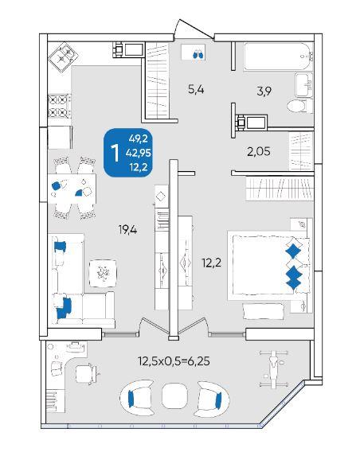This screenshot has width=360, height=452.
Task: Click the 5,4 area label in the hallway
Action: [196, 90]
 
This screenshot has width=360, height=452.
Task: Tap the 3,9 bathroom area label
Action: [264, 91]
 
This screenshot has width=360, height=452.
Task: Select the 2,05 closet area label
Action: [259, 151]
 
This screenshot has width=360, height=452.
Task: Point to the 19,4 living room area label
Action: [127, 230]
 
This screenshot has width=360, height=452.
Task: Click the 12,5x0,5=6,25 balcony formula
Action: [174, 360]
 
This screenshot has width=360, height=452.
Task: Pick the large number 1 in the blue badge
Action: [115, 154]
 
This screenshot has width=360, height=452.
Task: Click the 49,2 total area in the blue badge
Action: [139, 138]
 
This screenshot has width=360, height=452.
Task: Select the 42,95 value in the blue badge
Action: [138, 153]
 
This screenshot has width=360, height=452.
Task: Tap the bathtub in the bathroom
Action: [278, 56]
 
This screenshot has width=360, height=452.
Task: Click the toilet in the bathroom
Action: [299, 106]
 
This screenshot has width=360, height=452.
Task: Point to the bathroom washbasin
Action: [303, 85]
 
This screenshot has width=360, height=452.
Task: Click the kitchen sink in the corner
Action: [63, 56]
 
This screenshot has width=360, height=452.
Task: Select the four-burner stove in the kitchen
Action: [59, 106]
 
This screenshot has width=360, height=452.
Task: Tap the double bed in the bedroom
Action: [269, 265]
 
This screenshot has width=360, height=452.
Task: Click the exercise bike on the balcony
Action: [272, 368]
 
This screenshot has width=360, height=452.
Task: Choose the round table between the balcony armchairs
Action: [174, 395]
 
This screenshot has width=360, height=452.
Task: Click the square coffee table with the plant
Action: [103, 273]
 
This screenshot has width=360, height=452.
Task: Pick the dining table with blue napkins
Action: [72, 189]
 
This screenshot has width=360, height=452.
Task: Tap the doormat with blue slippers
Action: [194, 53]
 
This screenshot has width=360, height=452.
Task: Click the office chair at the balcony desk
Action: [86, 374]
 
